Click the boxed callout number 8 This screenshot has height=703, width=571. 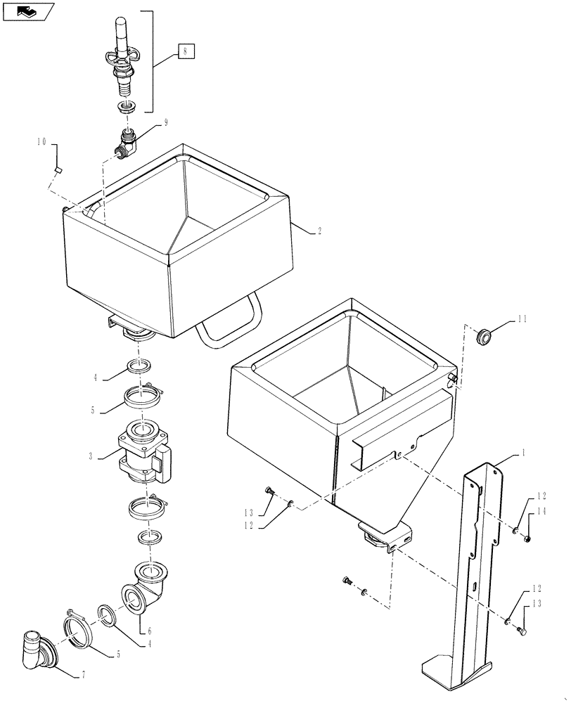[x=185, y=51]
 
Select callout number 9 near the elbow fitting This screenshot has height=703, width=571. [x=166, y=122]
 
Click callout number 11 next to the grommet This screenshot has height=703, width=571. [x=521, y=319]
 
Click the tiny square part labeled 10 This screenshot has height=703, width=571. [x=59, y=170]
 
